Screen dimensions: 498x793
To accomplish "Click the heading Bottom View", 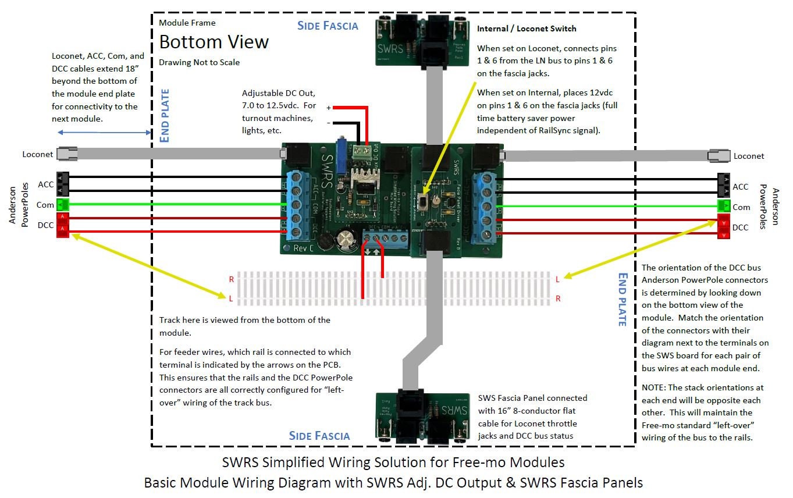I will coord(214,42).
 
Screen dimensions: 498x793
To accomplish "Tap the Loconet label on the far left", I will coord(38,155).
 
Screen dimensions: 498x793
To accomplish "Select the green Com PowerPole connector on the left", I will coord(63,204).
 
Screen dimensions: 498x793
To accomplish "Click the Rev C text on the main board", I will coord(303,247).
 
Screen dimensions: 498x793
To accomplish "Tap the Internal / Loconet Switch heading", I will coord(527,28).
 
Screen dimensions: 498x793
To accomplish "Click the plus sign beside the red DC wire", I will coord(328,108).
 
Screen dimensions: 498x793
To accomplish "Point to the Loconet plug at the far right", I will coord(719,156).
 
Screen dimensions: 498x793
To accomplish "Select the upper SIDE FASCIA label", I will coord(328,26).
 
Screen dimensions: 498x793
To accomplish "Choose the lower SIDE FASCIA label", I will coord(319,436).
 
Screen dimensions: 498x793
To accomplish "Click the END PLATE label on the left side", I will coord(164,115).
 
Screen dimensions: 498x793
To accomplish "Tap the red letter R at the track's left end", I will coord(232,279).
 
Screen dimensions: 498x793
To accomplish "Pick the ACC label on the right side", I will coord(740,187).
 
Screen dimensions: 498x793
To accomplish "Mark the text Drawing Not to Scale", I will coord(199,62).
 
